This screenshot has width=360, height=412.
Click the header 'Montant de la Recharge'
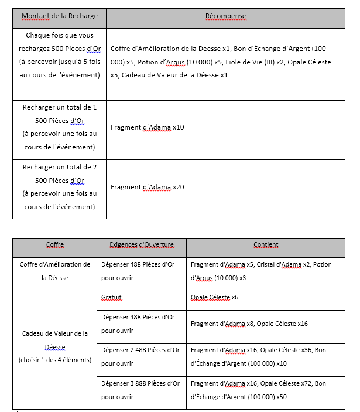click(x=60, y=16)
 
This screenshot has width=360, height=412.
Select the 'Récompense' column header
click(x=225, y=16)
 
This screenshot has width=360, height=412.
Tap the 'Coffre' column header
click(x=55, y=245)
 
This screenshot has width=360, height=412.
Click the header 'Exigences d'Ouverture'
click(x=142, y=245)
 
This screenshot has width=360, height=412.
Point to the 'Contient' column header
click(x=266, y=245)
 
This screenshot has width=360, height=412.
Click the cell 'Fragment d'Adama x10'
click(x=148, y=127)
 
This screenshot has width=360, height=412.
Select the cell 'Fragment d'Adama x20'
click(x=148, y=188)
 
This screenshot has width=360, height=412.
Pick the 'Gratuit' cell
click(x=111, y=298)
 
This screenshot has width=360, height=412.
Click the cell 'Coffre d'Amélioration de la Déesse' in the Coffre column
click(x=55, y=271)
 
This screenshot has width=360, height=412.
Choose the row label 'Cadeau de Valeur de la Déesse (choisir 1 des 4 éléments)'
click(x=55, y=346)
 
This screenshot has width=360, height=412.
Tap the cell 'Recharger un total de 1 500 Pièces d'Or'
click(x=60, y=127)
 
